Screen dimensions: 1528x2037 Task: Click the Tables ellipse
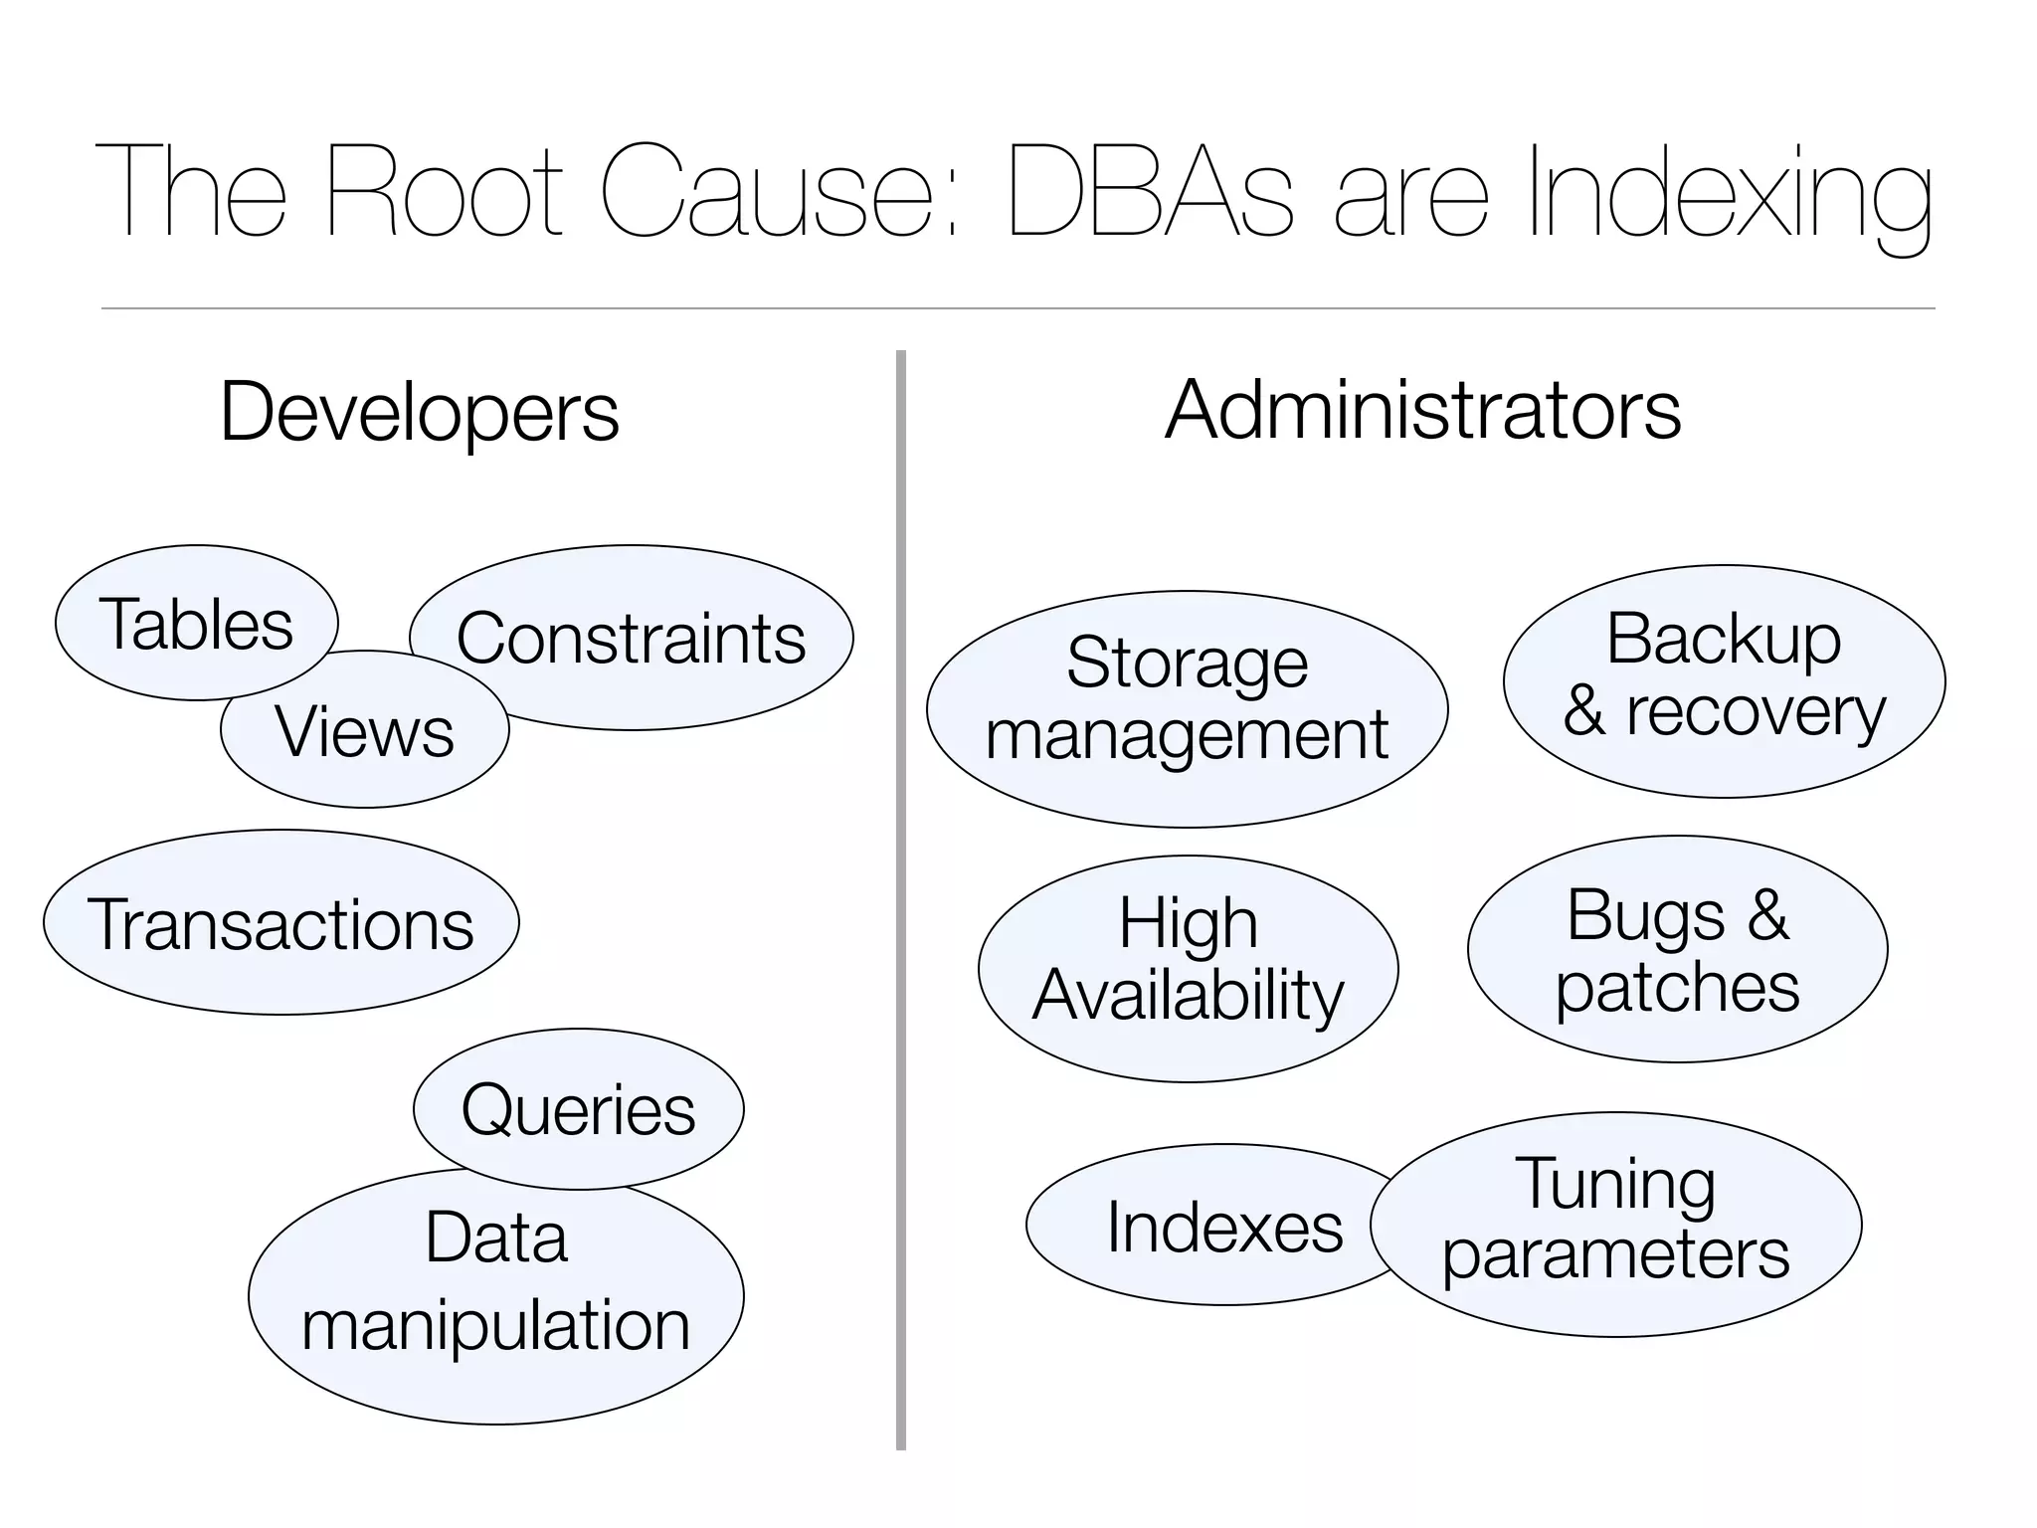click(x=196, y=623)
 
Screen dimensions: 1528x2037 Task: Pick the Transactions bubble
click(x=281, y=923)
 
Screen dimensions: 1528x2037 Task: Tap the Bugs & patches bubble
click(x=1677, y=949)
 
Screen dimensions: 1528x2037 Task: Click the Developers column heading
click(x=419, y=411)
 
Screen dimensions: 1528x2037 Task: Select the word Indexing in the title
click(x=1729, y=194)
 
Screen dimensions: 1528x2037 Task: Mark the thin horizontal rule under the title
click(x=1018, y=308)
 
